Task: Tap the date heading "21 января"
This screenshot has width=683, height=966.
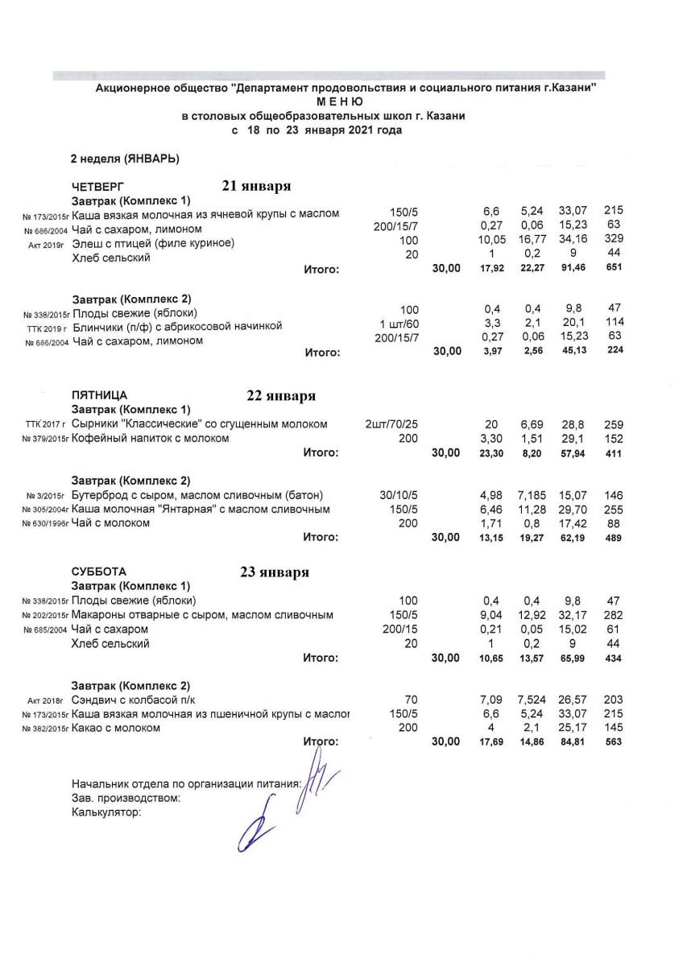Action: (x=256, y=186)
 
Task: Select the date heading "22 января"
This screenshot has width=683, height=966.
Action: (x=280, y=396)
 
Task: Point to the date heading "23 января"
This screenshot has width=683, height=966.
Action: (x=274, y=573)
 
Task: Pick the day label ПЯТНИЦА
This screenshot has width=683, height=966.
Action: (x=99, y=395)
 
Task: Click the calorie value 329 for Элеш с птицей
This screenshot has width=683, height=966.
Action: (x=614, y=242)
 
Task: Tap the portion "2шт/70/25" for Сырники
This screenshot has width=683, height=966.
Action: (x=394, y=423)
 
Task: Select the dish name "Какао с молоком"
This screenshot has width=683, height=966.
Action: (x=116, y=728)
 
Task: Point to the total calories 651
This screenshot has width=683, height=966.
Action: (x=614, y=269)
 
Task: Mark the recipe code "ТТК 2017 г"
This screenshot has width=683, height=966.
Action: (x=45, y=424)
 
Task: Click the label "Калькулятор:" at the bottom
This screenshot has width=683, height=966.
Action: (x=106, y=812)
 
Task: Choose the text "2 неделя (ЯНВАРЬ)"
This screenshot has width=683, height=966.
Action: (x=125, y=158)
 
